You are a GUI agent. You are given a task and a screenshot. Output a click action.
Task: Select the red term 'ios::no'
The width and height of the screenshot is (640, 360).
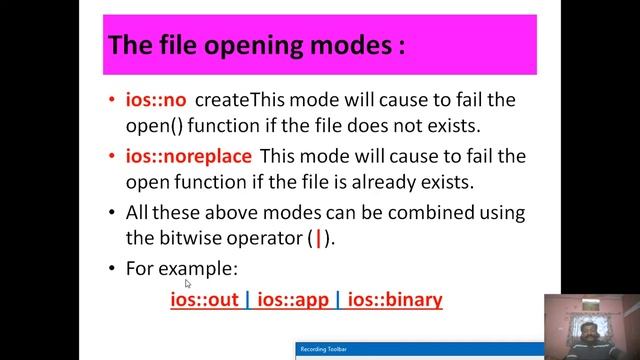pyautogui.click(x=156, y=100)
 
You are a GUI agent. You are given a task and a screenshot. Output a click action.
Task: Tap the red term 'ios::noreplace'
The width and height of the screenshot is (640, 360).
pyautogui.click(x=188, y=157)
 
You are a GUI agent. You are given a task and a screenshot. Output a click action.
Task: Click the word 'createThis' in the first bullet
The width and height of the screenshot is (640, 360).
pyautogui.click(x=241, y=100)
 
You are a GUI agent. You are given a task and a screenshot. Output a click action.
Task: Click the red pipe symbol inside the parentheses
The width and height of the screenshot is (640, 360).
pyautogui.click(x=318, y=241)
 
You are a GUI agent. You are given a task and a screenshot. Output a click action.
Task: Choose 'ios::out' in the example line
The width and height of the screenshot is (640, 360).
pyautogui.click(x=205, y=299)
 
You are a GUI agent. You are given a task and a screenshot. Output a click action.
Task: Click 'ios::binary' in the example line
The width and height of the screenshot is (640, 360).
pyautogui.click(x=395, y=299)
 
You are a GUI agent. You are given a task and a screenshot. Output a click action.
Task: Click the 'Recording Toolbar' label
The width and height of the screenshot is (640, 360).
pyautogui.click(x=326, y=351)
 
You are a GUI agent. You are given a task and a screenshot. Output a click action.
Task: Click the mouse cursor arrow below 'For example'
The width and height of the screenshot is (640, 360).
pyautogui.click(x=188, y=284)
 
